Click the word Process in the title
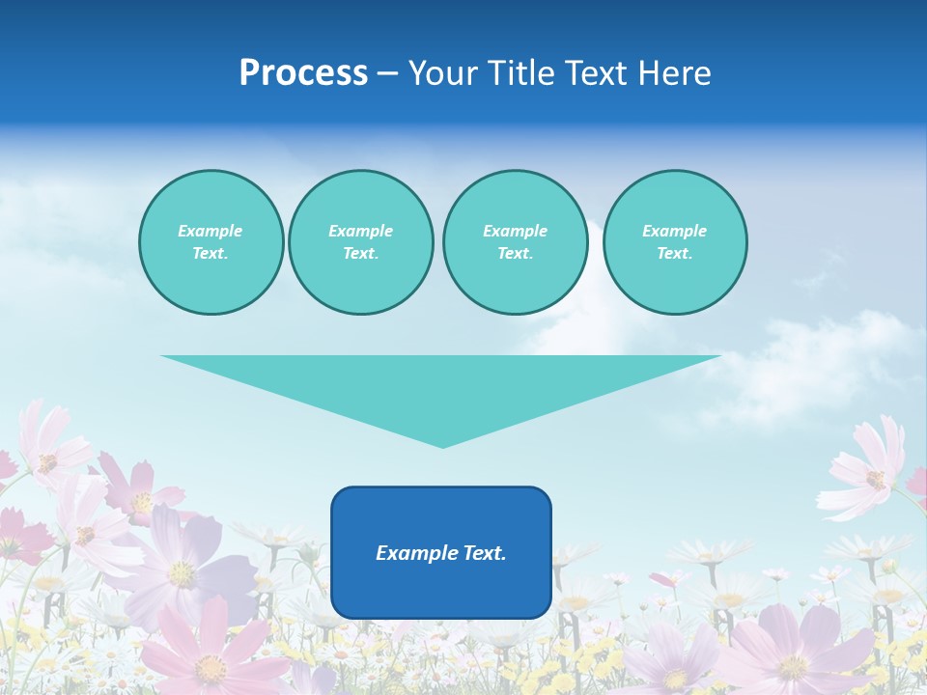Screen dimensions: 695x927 [303, 73]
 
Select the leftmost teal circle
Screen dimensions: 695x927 [211, 242]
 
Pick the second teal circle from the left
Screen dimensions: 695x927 [360, 242]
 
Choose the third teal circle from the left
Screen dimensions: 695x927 [515, 242]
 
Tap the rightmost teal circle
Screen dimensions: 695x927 [674, 242]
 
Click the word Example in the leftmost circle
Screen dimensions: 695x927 [211, 231]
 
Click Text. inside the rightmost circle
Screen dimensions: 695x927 [674, 254]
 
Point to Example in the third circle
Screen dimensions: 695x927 [515, 231]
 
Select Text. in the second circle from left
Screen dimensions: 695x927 [360, 254]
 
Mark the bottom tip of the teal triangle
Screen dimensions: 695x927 [442, 447]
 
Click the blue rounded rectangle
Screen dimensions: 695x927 [441, 589]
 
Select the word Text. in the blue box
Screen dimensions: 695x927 [486, 553]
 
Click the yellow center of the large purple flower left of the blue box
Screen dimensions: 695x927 [182, 573]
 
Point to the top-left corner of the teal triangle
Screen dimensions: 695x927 [162, 356]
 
